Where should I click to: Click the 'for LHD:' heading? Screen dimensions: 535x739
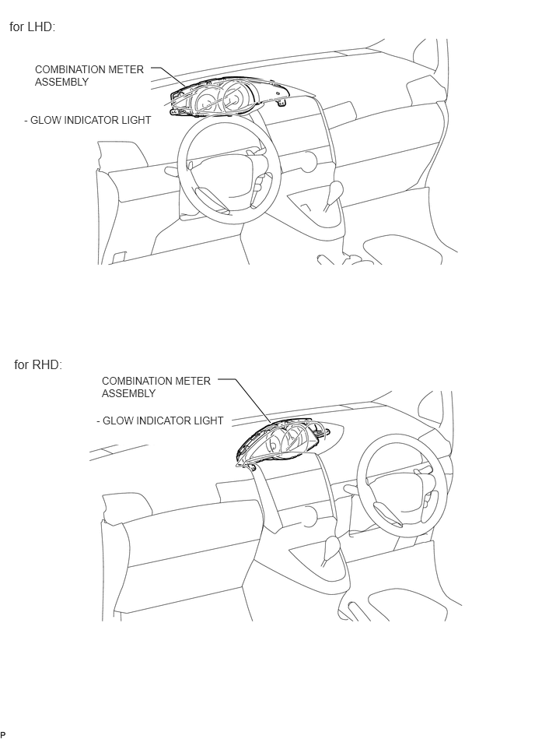33,26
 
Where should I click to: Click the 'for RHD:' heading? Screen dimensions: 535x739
38,364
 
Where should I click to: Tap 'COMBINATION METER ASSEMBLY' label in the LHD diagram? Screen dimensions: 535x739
89,76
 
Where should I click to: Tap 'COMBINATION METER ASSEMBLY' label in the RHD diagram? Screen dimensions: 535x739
156,387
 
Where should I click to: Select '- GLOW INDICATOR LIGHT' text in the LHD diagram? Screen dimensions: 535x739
88,120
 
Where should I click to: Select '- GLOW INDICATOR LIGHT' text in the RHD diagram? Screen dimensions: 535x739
160,421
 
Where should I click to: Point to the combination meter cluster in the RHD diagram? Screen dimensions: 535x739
282,442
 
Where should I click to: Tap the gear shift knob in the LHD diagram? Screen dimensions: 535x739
337,192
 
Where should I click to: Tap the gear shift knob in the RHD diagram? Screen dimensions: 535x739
332,546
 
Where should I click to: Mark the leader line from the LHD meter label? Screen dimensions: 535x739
169,77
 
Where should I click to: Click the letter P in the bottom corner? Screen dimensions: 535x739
3,734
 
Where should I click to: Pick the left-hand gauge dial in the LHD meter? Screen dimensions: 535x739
205,100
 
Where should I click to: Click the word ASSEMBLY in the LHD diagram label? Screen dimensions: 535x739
61,82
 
